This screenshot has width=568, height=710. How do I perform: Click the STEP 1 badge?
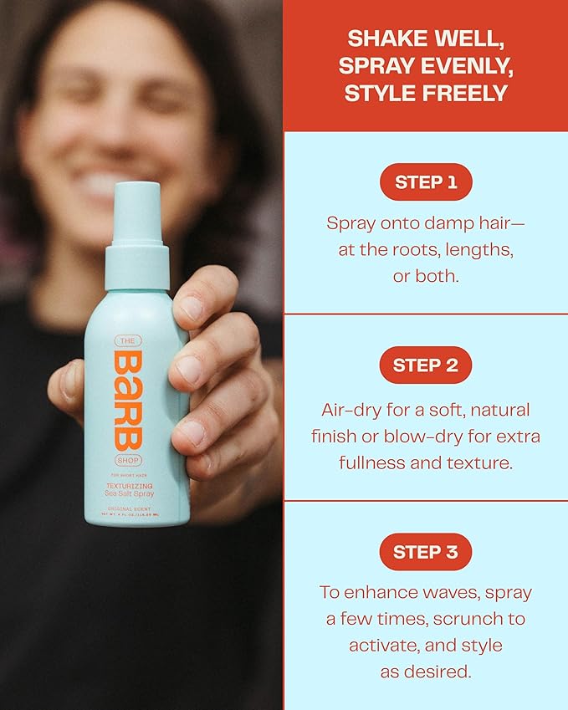[426, 181]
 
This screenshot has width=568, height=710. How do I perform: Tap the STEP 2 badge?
[426, 365]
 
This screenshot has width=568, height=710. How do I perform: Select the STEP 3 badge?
[426, 552]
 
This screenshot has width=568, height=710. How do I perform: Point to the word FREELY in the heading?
[468, 93]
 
